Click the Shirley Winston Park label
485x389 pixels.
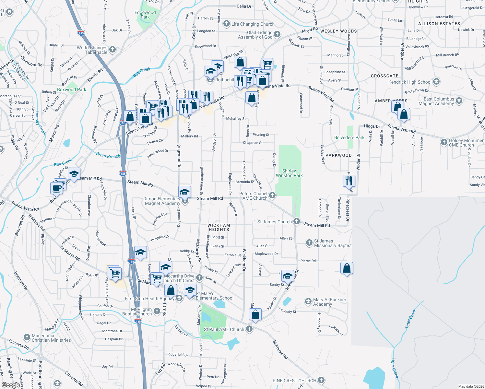click(x=289, y=173)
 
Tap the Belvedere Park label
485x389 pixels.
click(x=349, y=138)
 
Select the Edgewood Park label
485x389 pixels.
click(x=145, y=15)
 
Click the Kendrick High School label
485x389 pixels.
click(x=410, y=82)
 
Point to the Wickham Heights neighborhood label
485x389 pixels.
click(x=219, y=227)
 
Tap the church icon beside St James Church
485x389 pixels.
click(x=296, y=221)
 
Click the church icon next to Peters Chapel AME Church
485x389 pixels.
click(x=272, y=195)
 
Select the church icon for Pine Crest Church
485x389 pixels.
click(x=321, y=380)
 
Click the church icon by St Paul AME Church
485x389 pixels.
click(x=249, y=329)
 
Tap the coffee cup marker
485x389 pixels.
click(x=56, y=188)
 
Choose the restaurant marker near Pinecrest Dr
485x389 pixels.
click(x=349, y=181)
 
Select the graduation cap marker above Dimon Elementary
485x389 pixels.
click(x=184, y=192)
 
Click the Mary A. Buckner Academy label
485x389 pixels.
click(x=329, y=302)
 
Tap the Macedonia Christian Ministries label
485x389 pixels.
click(x=51, y=338)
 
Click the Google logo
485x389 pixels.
click(x=11, y=385)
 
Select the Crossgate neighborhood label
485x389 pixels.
click(x=384, y=76)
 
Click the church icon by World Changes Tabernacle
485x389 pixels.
click(x=112, y=50)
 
